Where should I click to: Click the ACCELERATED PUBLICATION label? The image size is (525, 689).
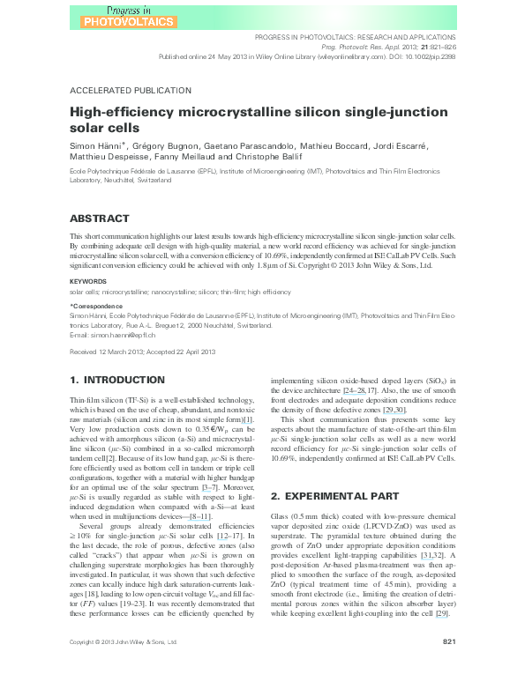pos(130,91)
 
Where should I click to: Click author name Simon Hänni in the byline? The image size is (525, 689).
pos(94,143)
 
